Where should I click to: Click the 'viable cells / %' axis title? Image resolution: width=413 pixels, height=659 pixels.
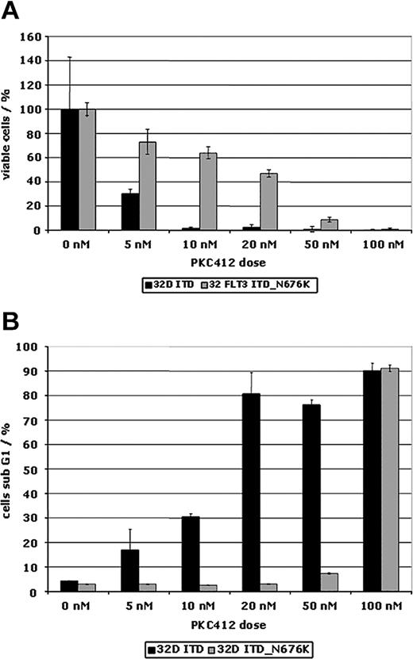pos(11,132)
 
